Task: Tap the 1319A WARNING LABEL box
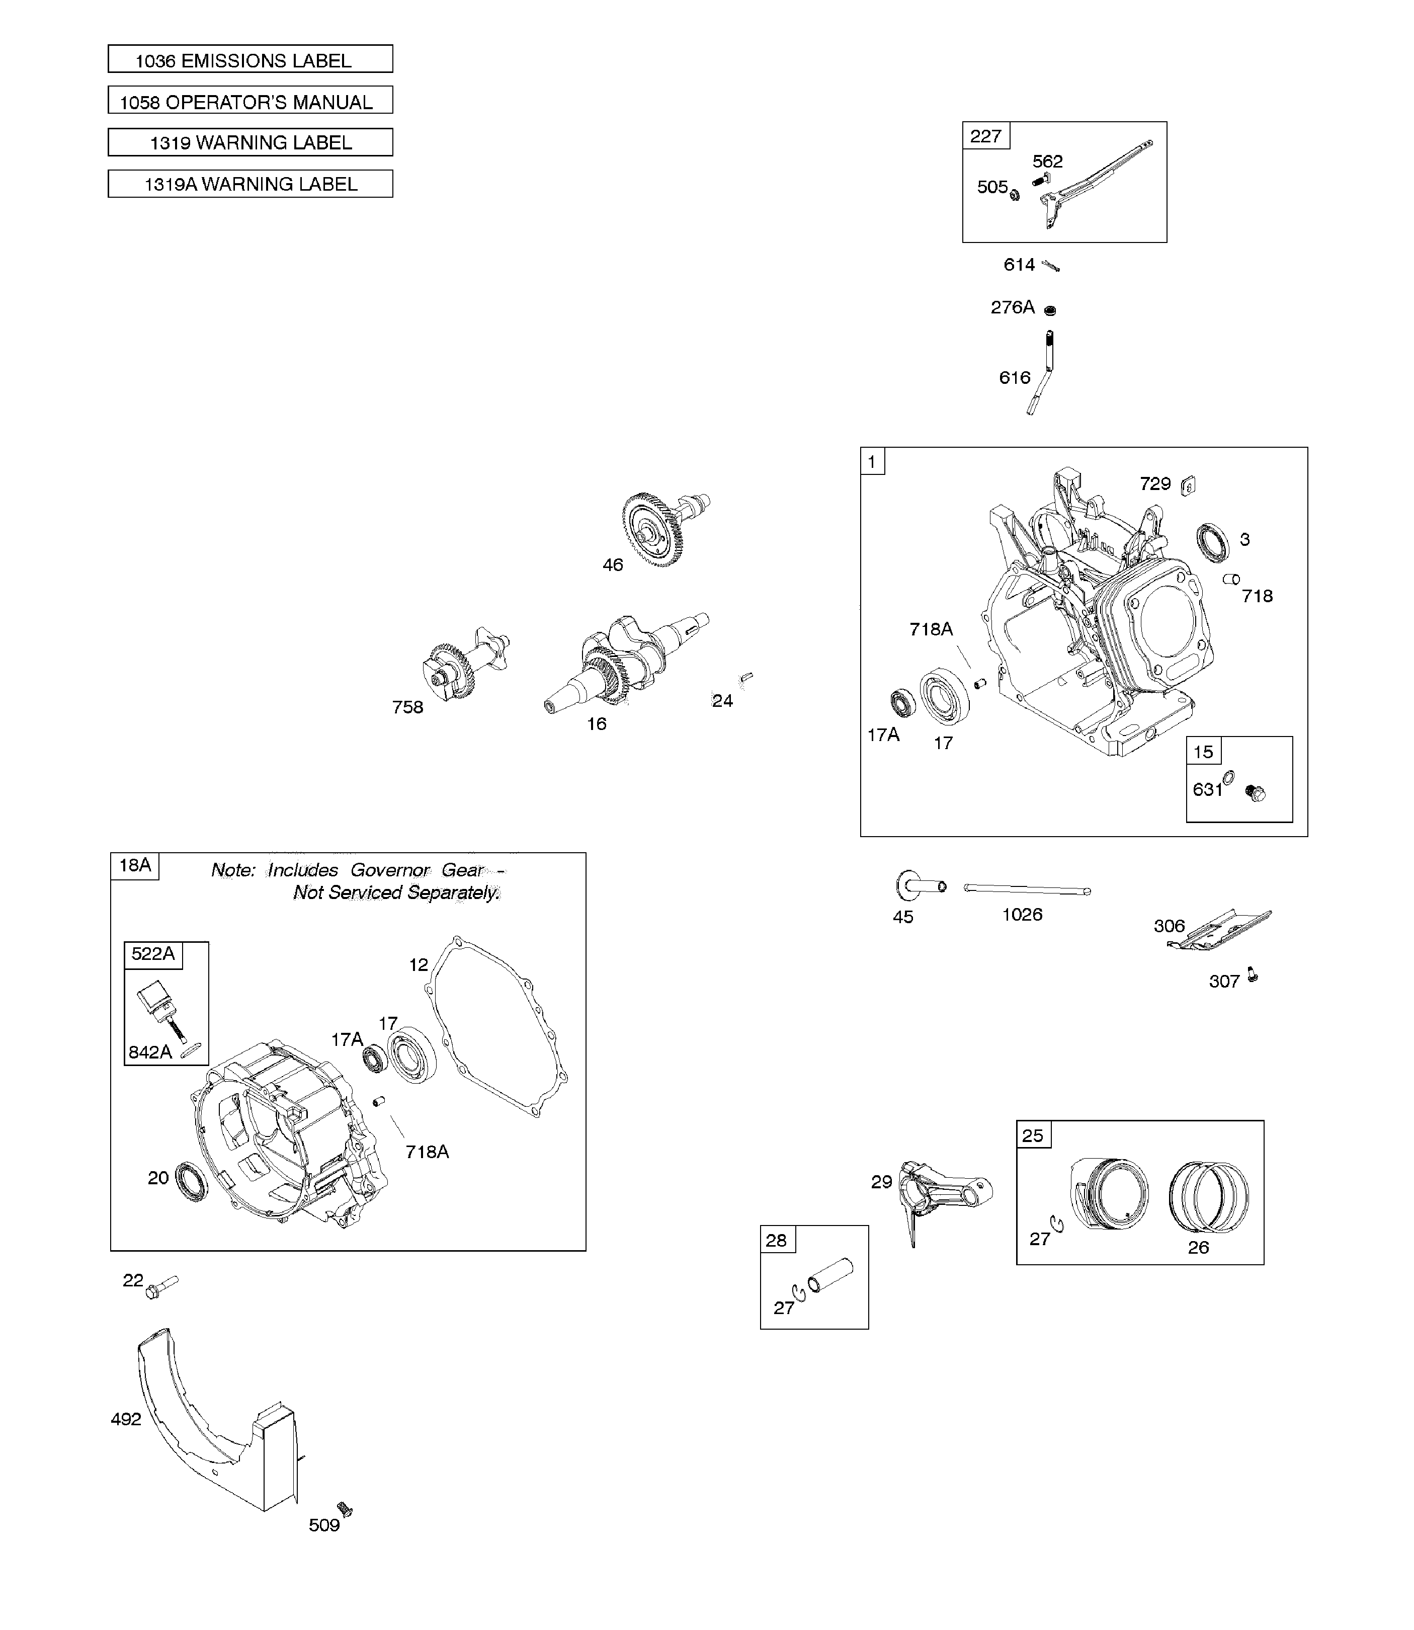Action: coord(250,184)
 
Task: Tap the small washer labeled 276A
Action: coord(1049,310)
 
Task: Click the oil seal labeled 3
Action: coord(1212,543)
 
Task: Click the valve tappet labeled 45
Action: coord(917,886)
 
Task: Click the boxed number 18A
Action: coord(135,865)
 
